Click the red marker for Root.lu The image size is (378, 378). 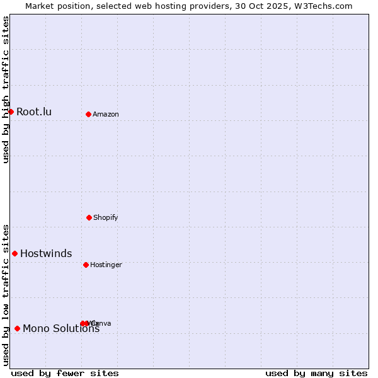coord(11,112)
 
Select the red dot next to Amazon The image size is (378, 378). coord(88,114)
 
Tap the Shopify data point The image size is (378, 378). coord(89,217)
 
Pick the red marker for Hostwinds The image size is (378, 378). coord(14,253)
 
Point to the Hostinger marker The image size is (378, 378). coord(86,265)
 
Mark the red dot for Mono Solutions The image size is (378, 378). coord(17,328)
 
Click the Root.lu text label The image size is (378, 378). coord(34,112)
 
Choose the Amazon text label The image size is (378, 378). coord(106,114)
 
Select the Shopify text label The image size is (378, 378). coord(106,217)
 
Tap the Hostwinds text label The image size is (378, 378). coord(46,254)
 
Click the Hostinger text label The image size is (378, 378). coord(106,265)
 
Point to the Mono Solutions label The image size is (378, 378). coord(61,328)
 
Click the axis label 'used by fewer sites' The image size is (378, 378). coord(65,373)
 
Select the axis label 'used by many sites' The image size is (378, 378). coord(316,373)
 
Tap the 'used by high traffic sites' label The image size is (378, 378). coord(6,89)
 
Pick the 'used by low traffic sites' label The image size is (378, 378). coord(6,295)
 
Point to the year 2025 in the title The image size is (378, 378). coord(283,6)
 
